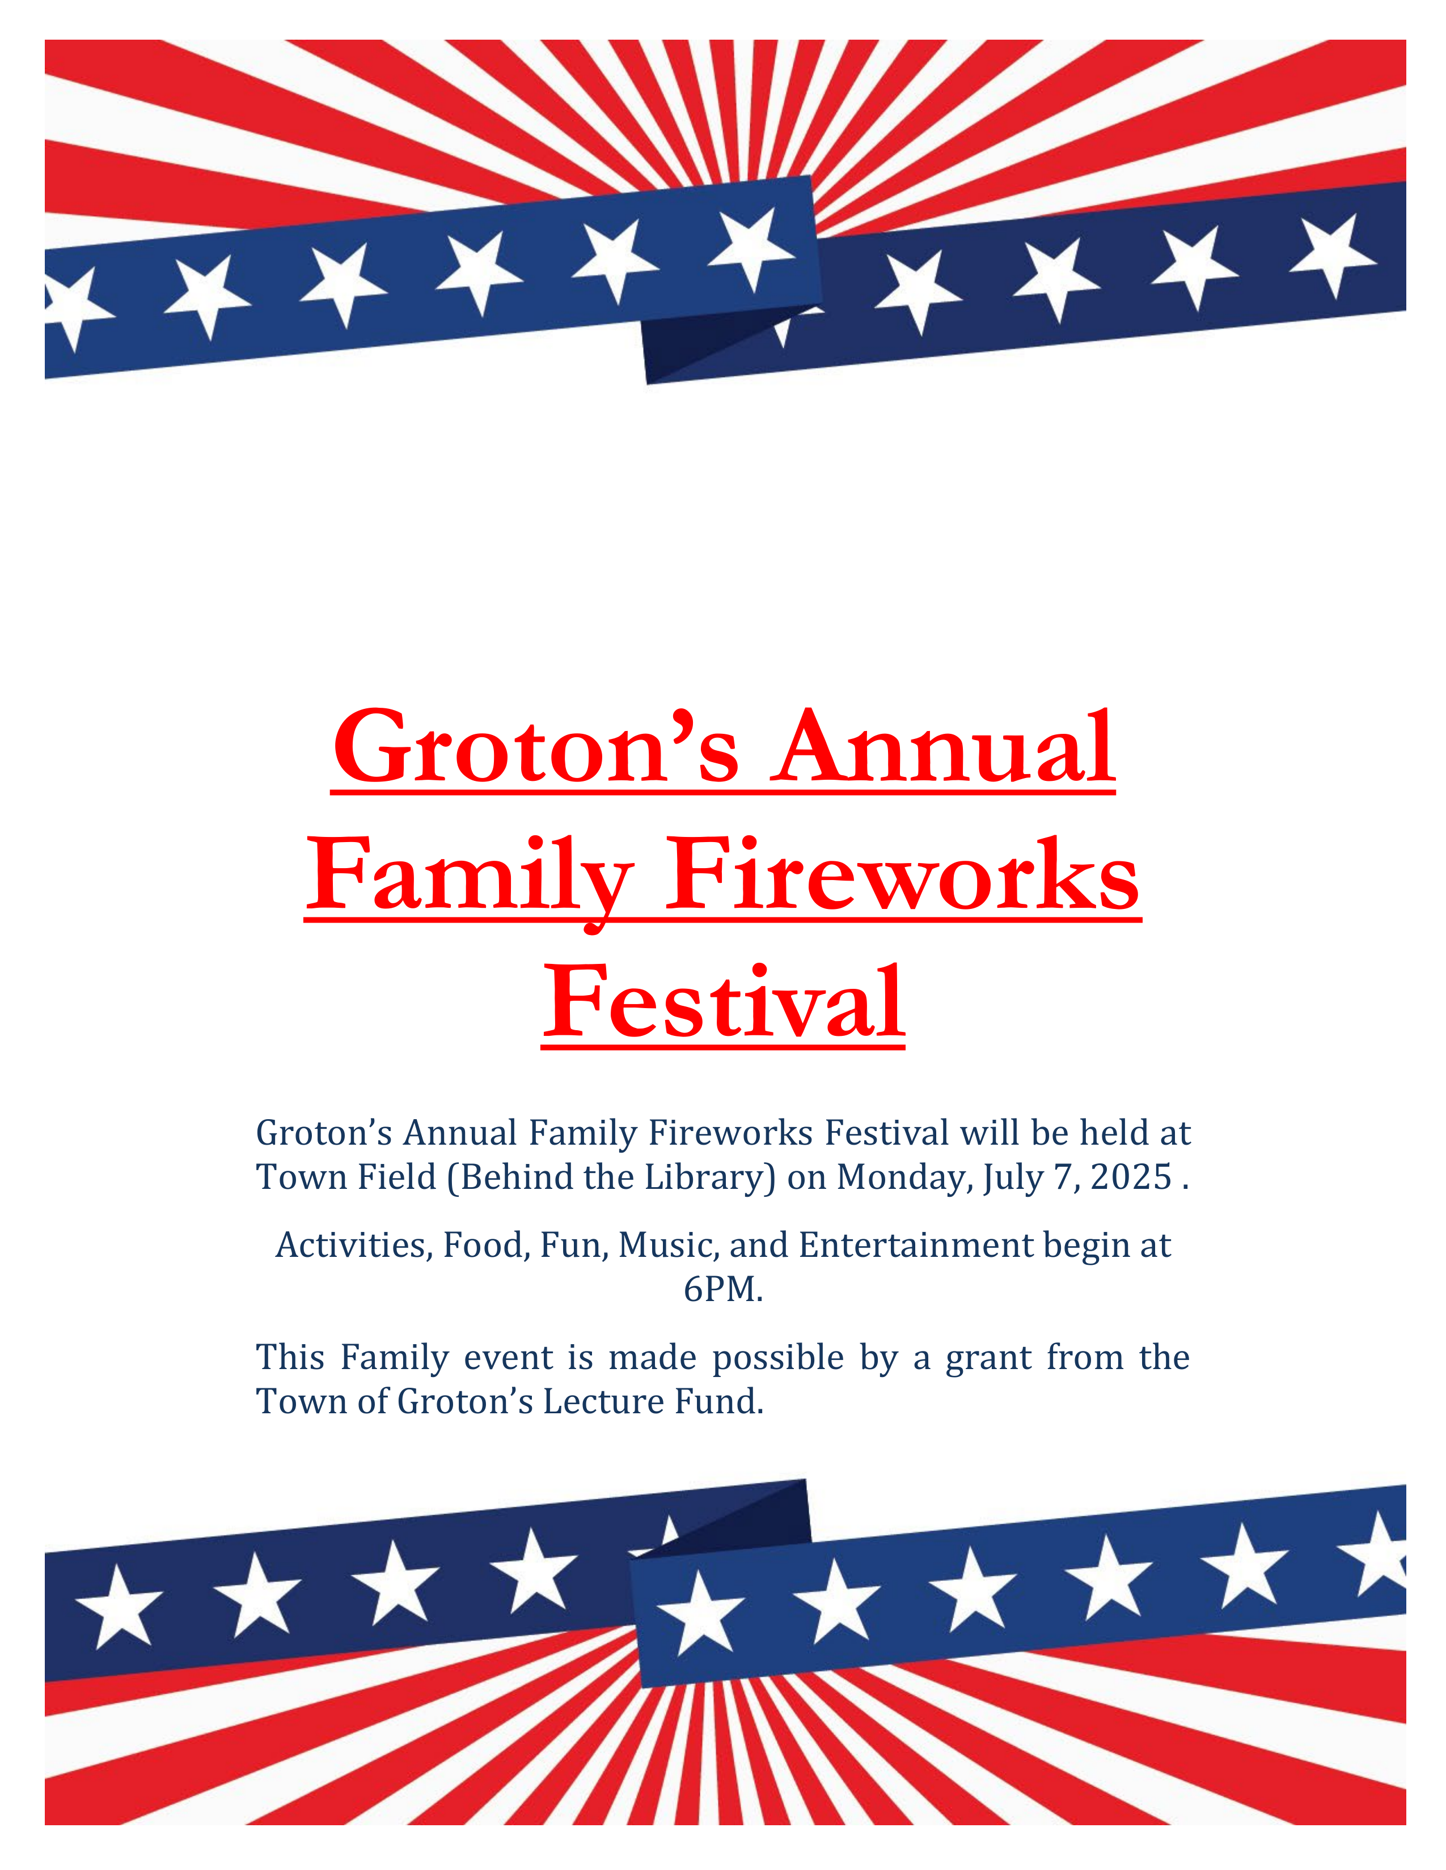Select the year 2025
1131,1178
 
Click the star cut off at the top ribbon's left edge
75,308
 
